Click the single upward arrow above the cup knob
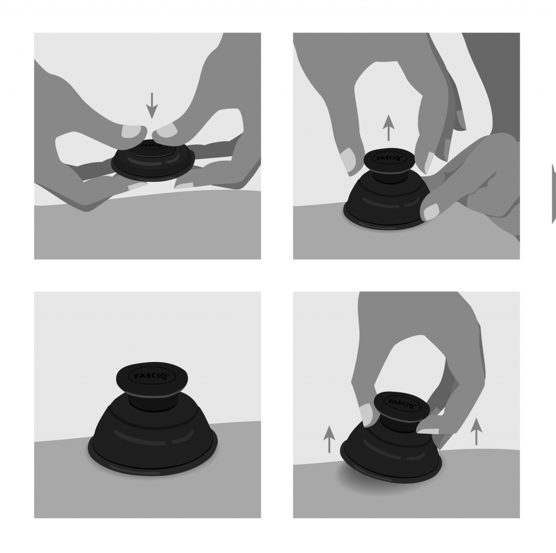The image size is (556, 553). click(x=388, y=128)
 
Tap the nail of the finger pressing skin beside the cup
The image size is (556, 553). click(x=432, y=212)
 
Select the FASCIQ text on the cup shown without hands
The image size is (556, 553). click(x=147, y=375)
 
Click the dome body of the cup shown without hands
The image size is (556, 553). click(x=152, y=429)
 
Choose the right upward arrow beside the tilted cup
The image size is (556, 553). click(x=476, y=431)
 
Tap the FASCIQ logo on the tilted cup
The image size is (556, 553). click(x=401, y=403)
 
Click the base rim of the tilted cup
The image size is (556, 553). click(x=391, y=475)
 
